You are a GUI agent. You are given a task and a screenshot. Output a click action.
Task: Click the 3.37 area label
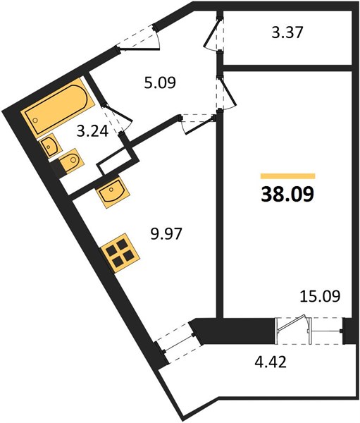click(287, 32)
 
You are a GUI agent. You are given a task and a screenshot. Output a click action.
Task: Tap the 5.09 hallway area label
click(160, 82)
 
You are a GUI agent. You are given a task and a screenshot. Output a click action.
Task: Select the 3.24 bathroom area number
click(92, 131)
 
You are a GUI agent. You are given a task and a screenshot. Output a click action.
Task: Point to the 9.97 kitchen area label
click(166, 233)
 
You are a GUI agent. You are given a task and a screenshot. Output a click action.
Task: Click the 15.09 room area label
click(320, 296)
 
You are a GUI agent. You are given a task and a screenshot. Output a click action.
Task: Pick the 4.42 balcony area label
click(271, 362)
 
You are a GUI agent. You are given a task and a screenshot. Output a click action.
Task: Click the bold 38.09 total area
click(287, 195)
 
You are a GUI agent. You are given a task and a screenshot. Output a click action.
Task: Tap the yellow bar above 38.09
click(287, 176)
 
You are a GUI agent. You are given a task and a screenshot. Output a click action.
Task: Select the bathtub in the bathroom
click(59, 106)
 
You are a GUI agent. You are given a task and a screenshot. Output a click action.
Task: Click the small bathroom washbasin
click(51, 146)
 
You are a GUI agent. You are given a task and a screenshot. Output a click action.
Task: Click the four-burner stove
click(120, 253)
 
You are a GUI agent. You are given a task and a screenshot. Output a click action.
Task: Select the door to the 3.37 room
click(214, 35)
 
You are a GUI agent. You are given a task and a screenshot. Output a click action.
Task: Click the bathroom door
click(118, 117)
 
